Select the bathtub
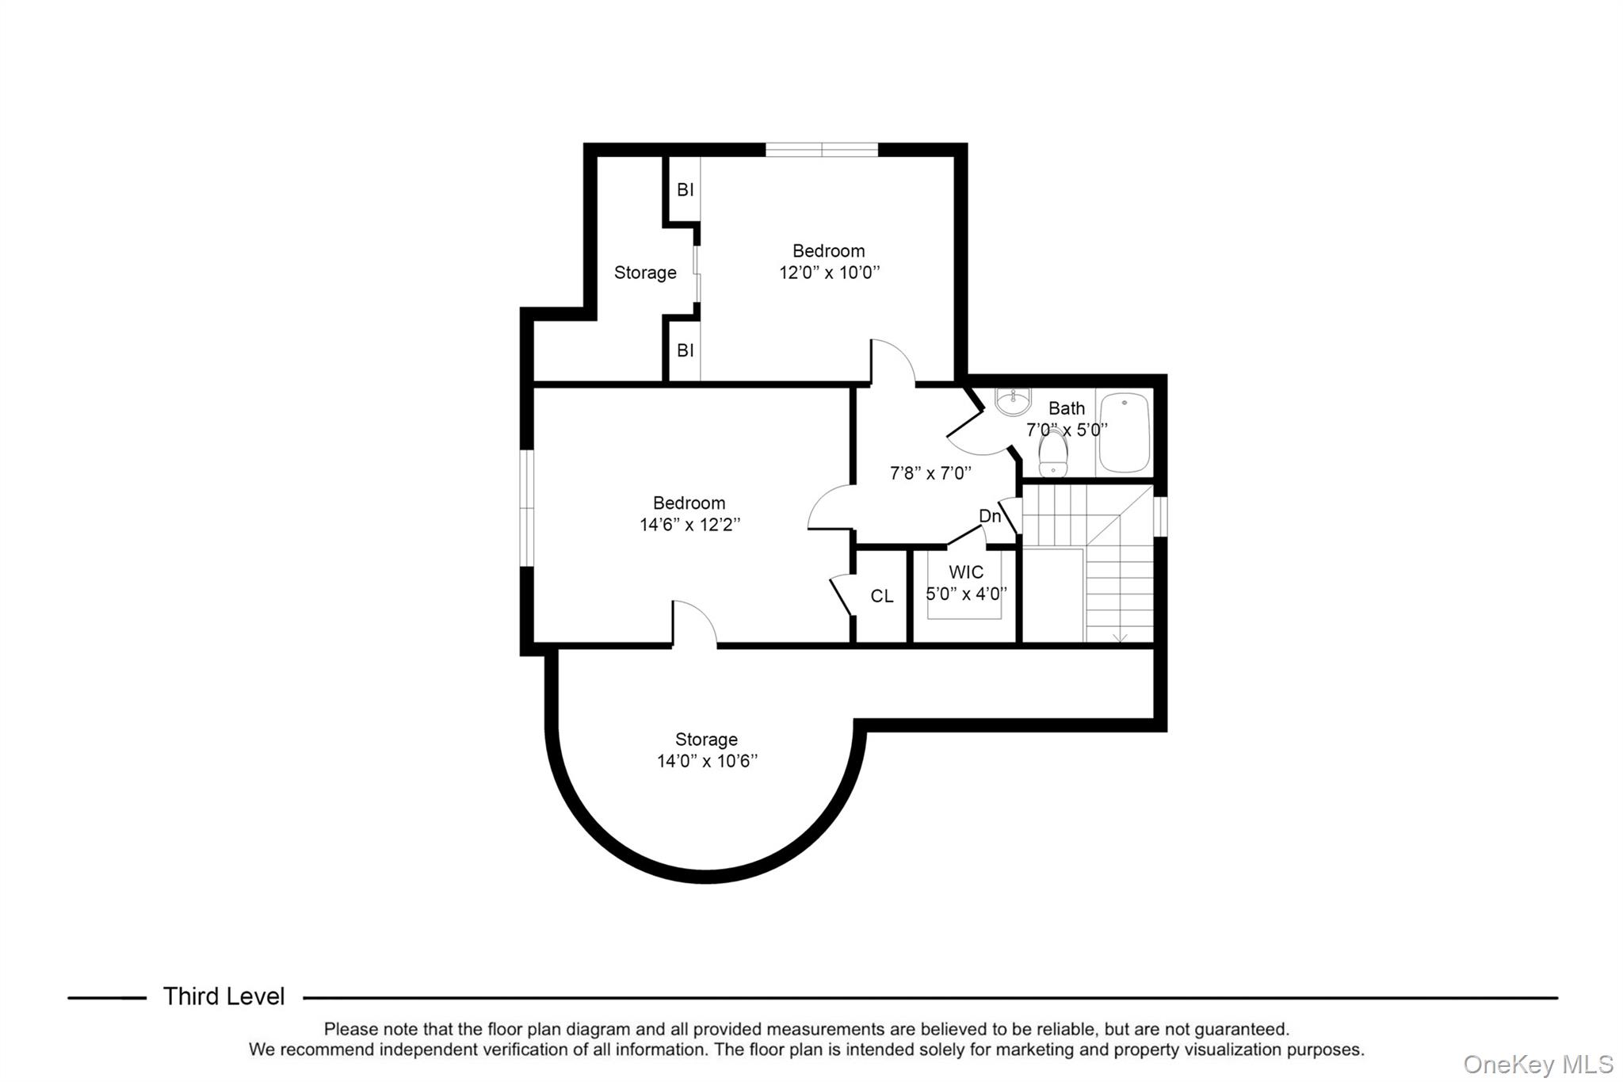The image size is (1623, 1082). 1124,433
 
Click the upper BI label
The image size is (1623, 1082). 685,190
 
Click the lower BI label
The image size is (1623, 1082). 685,350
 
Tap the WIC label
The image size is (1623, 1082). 966,572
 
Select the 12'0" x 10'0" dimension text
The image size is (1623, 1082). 829,273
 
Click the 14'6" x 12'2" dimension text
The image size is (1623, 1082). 689,525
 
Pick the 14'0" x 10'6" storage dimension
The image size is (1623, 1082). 707,761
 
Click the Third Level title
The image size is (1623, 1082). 223,996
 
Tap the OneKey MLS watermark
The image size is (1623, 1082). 1537,1064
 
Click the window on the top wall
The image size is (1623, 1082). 822,150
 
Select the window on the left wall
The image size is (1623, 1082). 526,508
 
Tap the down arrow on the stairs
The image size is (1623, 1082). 1120,637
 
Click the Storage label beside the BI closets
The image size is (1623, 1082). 645,273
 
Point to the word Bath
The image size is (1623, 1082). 1067,408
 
